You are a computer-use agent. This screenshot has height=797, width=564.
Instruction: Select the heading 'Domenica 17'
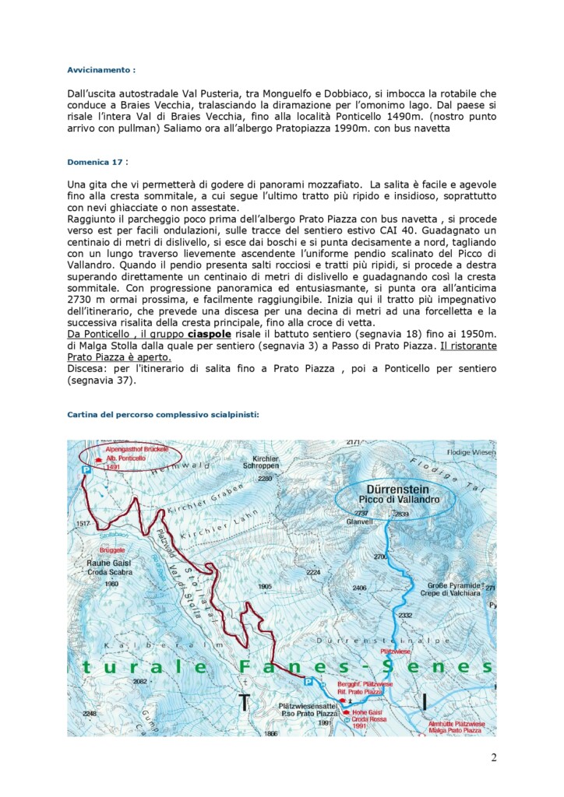point(95,162)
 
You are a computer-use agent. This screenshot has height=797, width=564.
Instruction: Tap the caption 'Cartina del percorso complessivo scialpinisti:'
point(163,415)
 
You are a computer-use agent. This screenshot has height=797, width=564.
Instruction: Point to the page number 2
point(493,758)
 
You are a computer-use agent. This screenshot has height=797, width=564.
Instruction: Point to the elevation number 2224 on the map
point(313,572)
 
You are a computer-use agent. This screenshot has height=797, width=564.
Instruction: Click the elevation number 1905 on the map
point(265,586)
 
